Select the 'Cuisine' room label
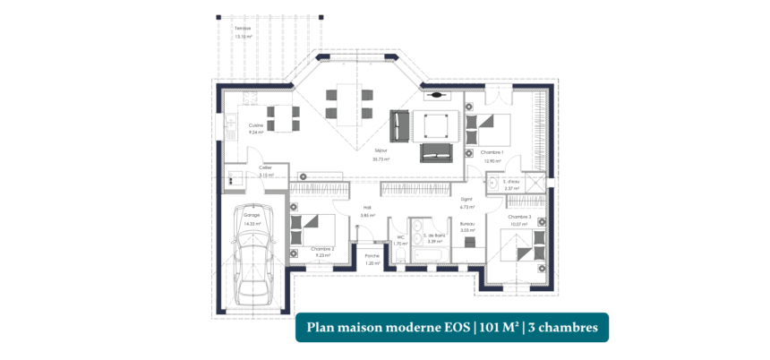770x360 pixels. [x=255, y=125]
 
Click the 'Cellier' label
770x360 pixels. [x=265, y=168]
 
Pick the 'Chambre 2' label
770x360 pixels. [x=322, y=249]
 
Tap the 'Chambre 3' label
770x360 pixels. [x=519, y=217]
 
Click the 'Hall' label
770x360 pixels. [x=366, y=209]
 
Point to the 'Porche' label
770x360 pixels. [x=372, y=256]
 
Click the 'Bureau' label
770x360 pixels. [x=466, y=224]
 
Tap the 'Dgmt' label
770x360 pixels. [x=466, y=200]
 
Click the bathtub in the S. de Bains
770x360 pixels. [x=430, y=256]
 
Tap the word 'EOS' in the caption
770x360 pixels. [x=454, y=328]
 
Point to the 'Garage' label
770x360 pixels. [x=251, y=216]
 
